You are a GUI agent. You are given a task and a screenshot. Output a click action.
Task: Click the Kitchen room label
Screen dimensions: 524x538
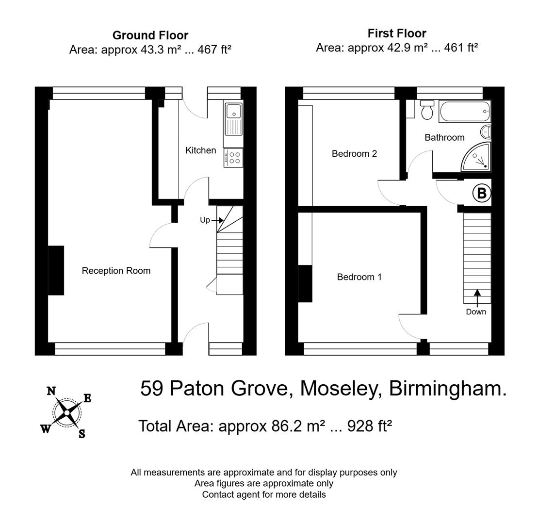click(200, 150)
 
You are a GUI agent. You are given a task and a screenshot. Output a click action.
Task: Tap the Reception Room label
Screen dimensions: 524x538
click(116, 271)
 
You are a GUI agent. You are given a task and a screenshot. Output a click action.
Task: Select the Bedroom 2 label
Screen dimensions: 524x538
click(354, 154)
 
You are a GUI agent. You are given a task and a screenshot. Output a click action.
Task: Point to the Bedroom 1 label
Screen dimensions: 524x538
click(359, 277)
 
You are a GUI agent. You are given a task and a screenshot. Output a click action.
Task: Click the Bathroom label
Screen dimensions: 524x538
click(444, 137)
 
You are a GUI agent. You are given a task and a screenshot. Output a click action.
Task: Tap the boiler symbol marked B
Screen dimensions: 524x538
click(481, 193)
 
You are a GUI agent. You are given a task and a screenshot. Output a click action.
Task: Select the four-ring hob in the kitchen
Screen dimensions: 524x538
click(234, 158)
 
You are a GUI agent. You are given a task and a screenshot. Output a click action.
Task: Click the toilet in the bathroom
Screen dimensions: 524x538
click(427, 110)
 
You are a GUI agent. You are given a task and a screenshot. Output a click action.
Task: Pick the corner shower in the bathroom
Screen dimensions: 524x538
click(477, 158)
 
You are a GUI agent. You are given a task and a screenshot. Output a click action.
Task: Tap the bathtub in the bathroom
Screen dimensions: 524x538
click(464, 112)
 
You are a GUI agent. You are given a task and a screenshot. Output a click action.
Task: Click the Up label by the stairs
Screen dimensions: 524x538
click(205, 220)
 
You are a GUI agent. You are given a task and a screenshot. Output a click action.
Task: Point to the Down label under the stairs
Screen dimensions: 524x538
click(475, 312)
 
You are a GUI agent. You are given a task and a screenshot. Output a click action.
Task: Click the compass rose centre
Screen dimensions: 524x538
click(67, 412)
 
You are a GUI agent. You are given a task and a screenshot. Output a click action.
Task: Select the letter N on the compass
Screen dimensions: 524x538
click(51, 391)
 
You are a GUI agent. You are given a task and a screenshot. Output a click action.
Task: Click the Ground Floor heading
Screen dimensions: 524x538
click(150, 35)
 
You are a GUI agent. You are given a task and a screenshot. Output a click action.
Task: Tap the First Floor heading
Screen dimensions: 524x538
click(396, 33)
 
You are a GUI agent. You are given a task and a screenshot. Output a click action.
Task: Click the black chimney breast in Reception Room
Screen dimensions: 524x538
click(56, 270)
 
